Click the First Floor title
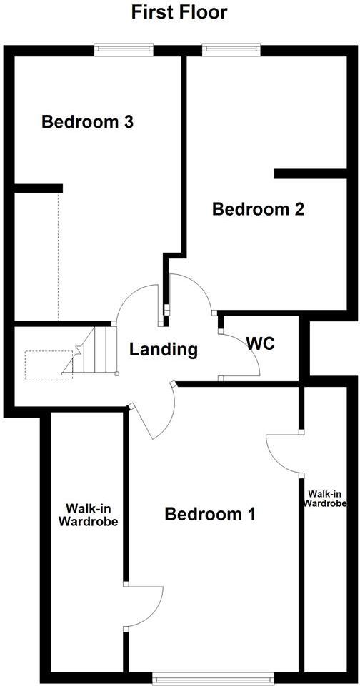click(179, 12)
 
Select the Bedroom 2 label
click(259, 210)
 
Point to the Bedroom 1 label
click(210, 514)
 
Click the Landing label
click(163, 350)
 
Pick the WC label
click(261, 343)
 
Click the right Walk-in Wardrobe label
click(327, 498)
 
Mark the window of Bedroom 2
click(230, 49)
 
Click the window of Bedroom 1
click(213, 677)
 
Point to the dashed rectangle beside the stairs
click(49, 365)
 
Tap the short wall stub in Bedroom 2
click(301, 173)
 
